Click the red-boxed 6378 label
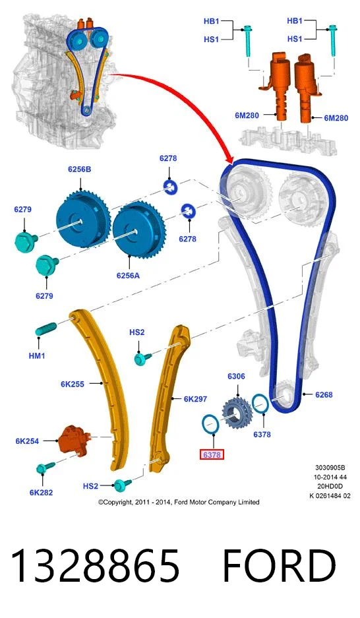[x=212, y=455]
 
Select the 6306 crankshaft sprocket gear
[x=237, y=413]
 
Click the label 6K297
[x=195, y=399]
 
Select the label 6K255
[x=73, y=384]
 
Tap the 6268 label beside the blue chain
[x=324, y=394]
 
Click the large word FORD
[x=280, y=566]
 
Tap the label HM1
[x=37, y=356]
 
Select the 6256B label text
[x=80, y=170]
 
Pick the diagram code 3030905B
[x=330, y=468]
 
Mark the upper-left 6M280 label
[x=247, y=115]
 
